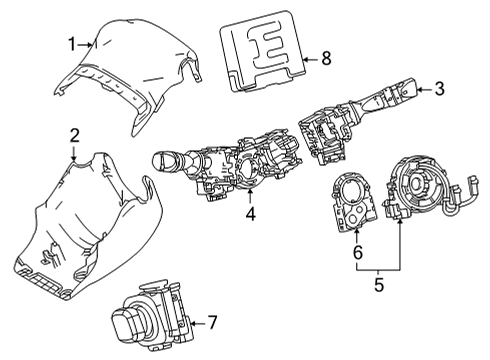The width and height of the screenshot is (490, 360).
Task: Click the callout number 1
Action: (x=72, y=43)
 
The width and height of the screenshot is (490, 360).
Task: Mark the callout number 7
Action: (x=211, y=323)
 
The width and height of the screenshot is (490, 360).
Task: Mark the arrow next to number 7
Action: (x=196, y=323)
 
